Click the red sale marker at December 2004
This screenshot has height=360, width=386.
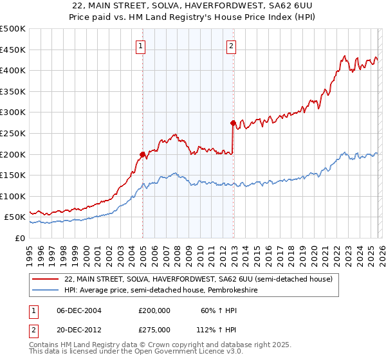142,154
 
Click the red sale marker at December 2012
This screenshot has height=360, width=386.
233,123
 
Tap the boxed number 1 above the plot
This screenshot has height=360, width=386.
141,46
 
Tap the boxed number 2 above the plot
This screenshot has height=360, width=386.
231,46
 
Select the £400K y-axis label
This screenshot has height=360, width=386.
14,71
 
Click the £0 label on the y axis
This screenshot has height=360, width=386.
19,239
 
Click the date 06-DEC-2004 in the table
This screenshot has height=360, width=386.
79,310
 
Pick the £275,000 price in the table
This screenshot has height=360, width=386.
154,329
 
